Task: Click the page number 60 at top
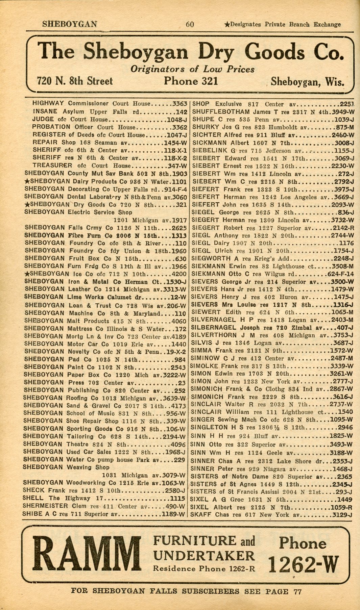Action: [x=190, y=24]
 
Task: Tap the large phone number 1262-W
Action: [x=303, y=565]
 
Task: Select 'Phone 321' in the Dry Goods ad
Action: [x=191, y=81]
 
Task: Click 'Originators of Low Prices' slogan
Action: [x=192, y=69]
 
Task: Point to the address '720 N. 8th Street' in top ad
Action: [x=75, y=81]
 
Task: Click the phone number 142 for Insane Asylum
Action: [x=182, y=111]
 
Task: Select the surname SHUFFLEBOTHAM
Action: [x=221, y=112]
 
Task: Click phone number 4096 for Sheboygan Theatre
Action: [x=178, y=444]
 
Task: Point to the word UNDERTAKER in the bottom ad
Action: [x=204, y=556]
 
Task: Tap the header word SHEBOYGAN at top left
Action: [x=70, y=24]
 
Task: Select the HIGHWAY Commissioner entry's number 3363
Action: [x=180, y=104]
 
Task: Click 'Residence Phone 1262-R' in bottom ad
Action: [x=204, y=569]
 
